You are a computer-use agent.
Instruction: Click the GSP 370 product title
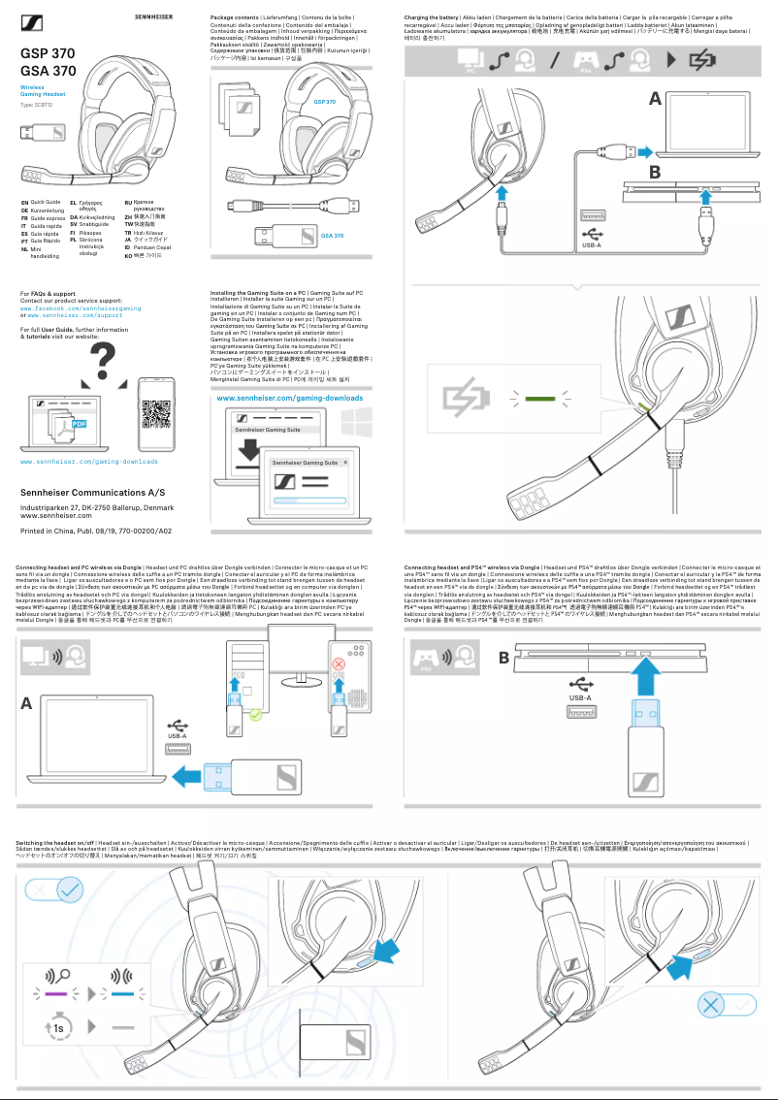(x=48, y=53)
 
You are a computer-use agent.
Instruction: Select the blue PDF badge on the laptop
(x=81, y=423)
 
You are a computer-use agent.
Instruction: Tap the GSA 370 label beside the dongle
(x=332, y=236)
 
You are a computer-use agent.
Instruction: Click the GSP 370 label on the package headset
(x=325, y=102)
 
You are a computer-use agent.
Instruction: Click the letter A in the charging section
(x=656, y=99)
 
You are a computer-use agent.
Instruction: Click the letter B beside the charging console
(x=656, y=173)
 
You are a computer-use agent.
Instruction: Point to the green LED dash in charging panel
(x=544, y=398)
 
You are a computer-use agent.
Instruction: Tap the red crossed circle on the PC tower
(x=340, y=663)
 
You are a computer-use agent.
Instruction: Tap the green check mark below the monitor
(x=255, y=715)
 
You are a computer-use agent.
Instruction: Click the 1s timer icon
(x=58, y=1026)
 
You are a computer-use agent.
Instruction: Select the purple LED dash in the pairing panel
(x=54, y=993)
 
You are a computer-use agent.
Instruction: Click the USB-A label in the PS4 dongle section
(x=579, y=696)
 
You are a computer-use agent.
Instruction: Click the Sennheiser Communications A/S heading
(x=85, y=493)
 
